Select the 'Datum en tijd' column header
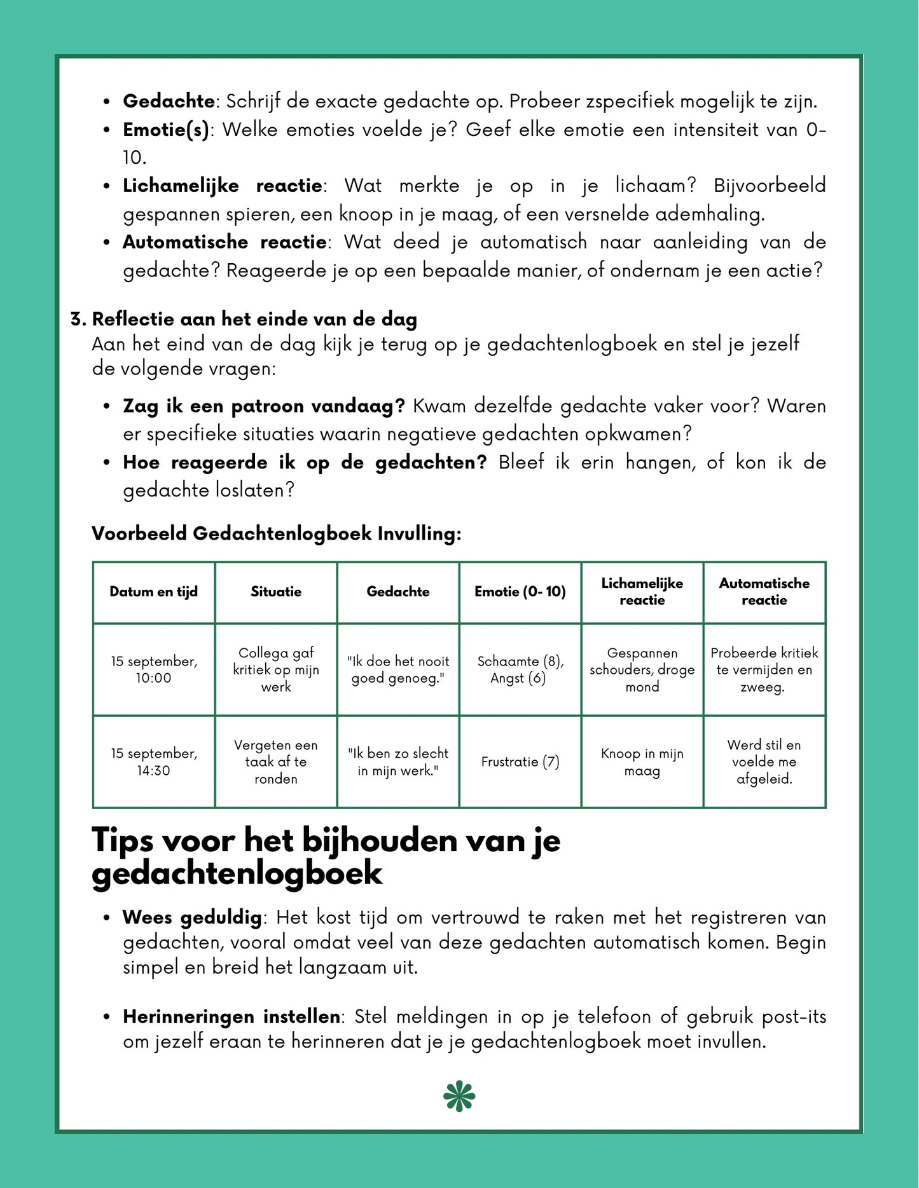coord(153,592)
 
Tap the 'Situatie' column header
coord(276,592)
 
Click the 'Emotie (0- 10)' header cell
coord(520,592)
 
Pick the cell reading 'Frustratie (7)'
coord(520,761)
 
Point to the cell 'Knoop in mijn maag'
coord(642,761)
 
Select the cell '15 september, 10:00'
coord(153,669)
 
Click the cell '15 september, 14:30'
coord(153,761)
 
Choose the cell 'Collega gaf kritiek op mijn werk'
coord(276,669)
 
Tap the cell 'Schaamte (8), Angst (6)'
coord(520,669)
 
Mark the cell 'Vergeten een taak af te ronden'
coord(276,761)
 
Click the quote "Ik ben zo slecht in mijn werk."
coord(398,761)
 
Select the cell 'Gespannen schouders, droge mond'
coord(642,669)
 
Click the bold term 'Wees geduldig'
coord(192,917)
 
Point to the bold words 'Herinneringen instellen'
coord(231,1016)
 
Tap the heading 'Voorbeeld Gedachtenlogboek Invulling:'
coord(276,533)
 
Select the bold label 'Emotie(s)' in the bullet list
coord(166,130)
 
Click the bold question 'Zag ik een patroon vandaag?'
coord(264,406)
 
